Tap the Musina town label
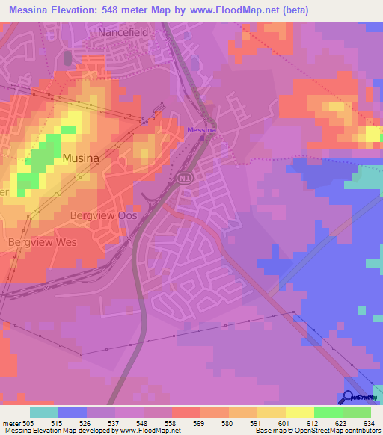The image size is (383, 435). tap(81, 158)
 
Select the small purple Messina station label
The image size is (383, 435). tap(201, 130)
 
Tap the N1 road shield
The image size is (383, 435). tap(185, 179)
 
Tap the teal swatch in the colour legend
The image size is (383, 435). tap(44, 412)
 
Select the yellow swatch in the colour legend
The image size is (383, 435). tap(300, 412)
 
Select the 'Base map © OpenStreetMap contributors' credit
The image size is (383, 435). tap(317, 431)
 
